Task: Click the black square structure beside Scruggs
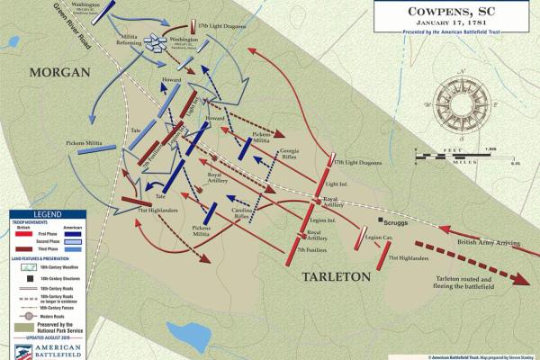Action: pos(382,220)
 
